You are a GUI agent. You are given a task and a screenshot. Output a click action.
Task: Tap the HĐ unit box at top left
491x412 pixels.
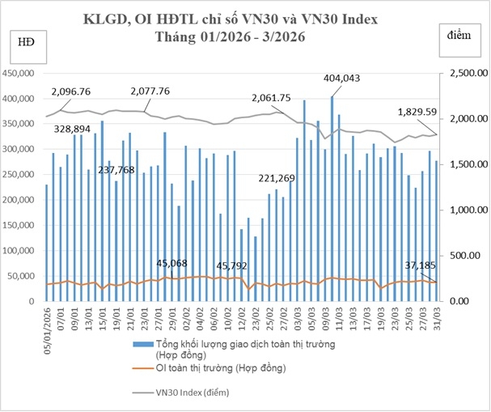(23, 42)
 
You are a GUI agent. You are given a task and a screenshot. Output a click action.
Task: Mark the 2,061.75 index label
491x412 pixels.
(271, 97)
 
